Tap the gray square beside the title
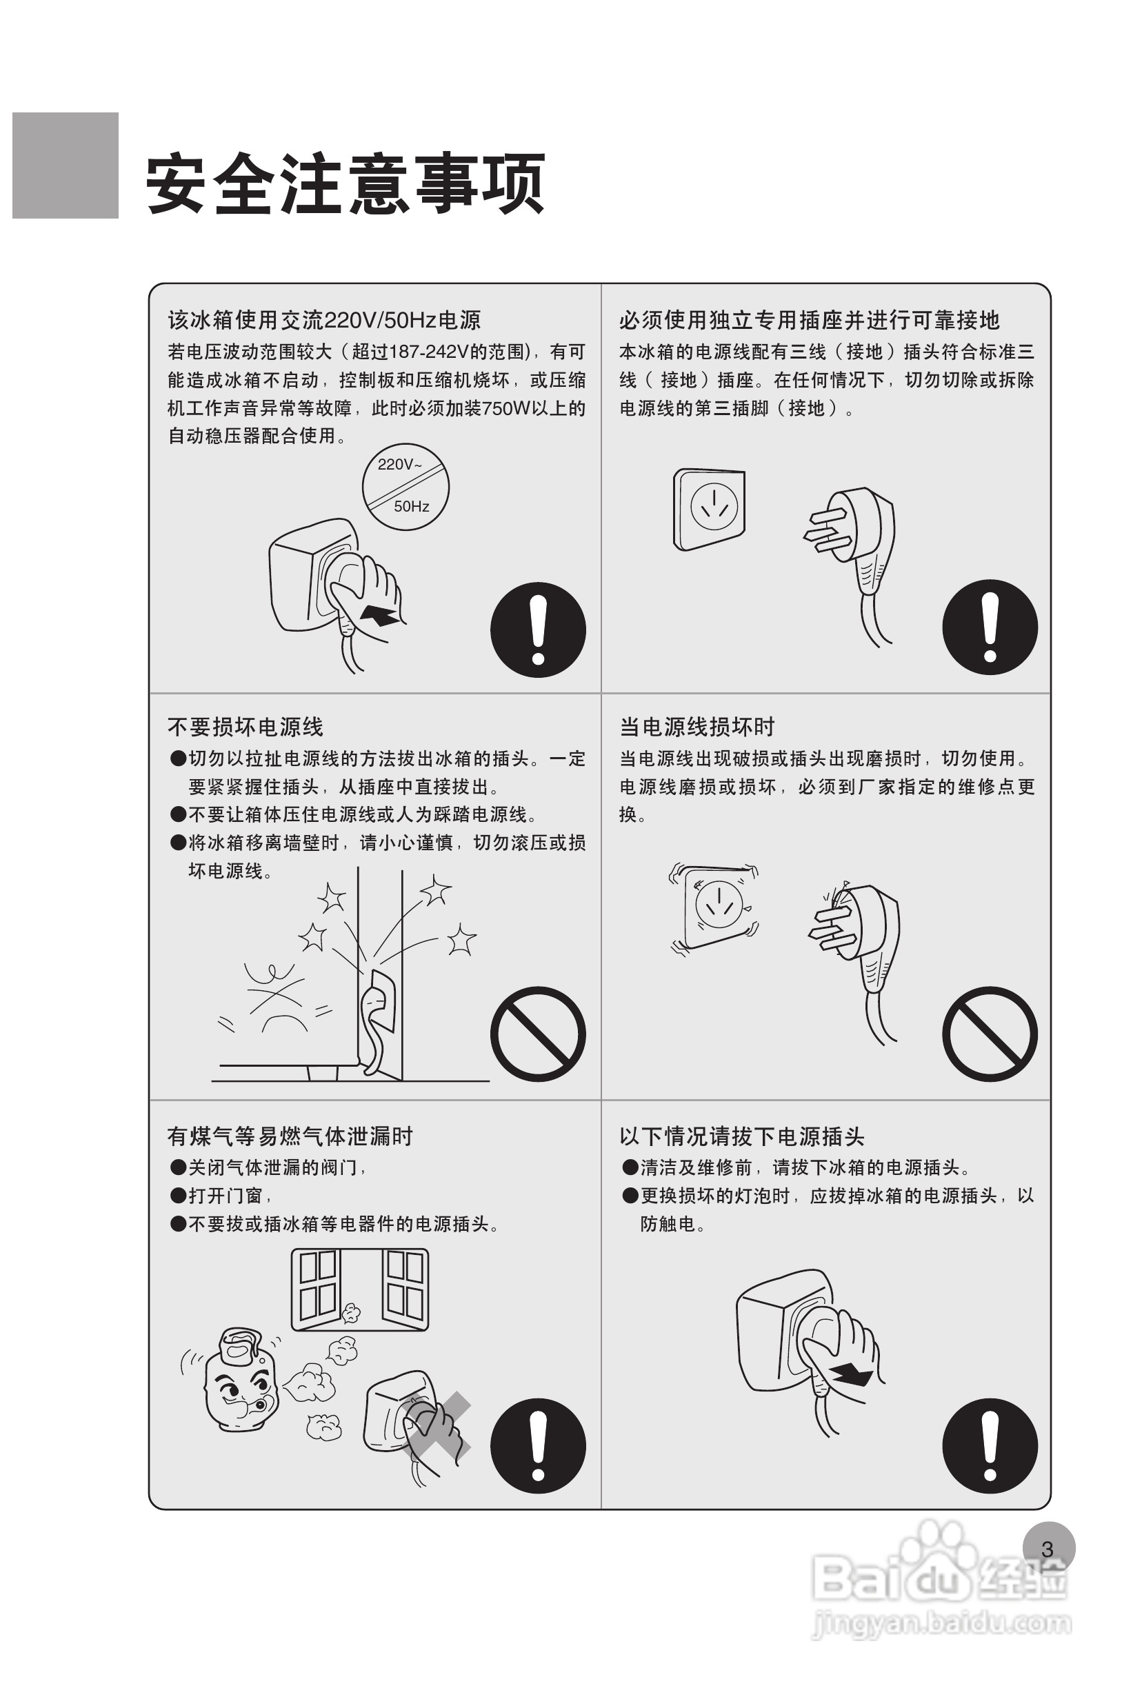pos(66,165)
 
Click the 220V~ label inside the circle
pos(399,465)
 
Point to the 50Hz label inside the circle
pos(411,506)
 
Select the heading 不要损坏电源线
pos(246,727)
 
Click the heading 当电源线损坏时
pos(697,727)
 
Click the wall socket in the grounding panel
pos(709,509)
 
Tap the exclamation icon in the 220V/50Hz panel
pos(539,630)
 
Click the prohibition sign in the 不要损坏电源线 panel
pos(539,1034)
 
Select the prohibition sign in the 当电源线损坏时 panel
pos(990,1034)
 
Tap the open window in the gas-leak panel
pos(359,1290)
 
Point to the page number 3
pos(1048,1549)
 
